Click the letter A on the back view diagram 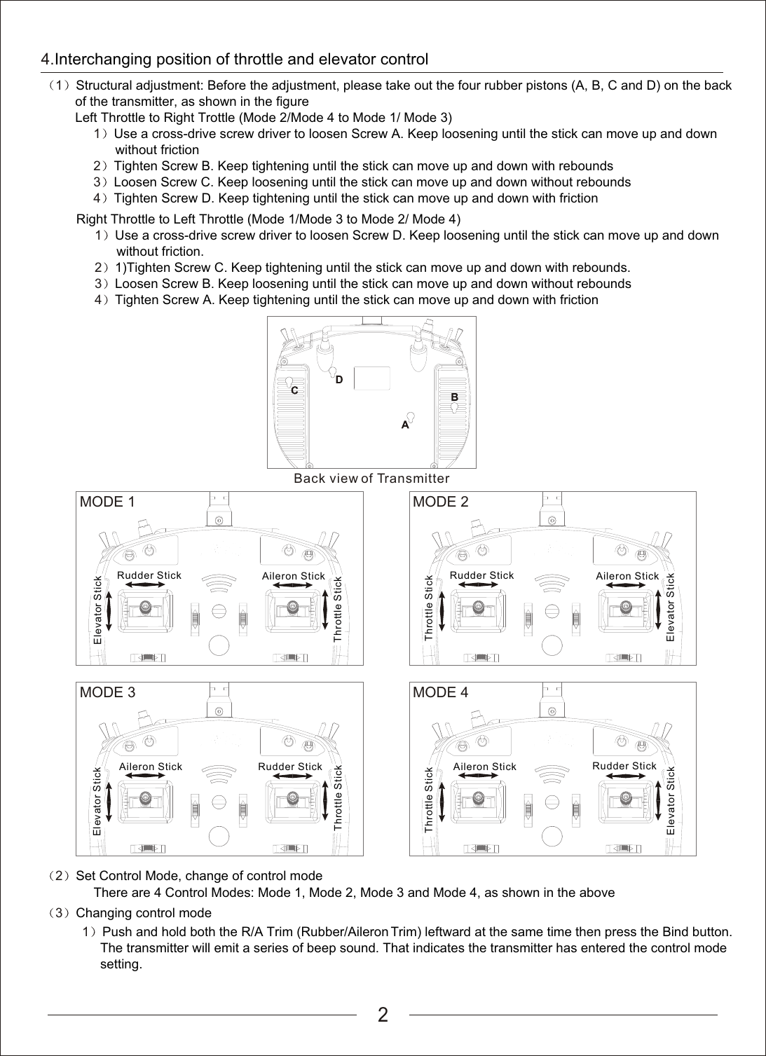[x=405, y=425]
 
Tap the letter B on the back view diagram [x=454, y=397]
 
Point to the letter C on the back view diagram [x=294, y=390]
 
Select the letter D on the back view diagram [x=339, y=379]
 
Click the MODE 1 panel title [x=107, y=502]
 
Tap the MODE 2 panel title [x=441, y=502]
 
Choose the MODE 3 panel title [x=107, y=692]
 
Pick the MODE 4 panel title [x=441, y=692]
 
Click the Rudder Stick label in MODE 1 [x=149, y=575]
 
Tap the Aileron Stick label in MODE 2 [x=627, y=576]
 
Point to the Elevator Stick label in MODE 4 [x=671, y=800]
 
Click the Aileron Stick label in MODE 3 [x=151, y=767]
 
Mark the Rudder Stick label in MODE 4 [x=624, y=766]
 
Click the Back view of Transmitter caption [x=371, y=479]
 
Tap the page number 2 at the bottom [x=383, y=1015]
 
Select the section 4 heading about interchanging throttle [x=235, y=59]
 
